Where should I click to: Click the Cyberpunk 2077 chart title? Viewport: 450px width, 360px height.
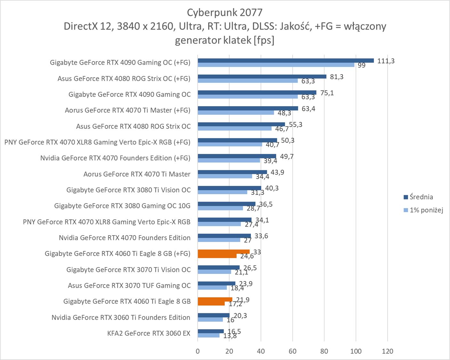[x=225, y=13]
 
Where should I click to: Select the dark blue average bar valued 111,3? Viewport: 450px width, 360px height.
[x=285, y=60]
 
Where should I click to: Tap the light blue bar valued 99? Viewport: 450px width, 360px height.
[x=276, y=65]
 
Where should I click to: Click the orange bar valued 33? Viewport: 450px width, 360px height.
[x=223, y=252]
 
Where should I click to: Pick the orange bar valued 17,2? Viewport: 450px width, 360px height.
[x=211, y=303]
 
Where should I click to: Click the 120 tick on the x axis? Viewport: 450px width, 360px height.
[x=387, y=351]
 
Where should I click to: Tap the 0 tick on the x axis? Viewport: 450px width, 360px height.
[x=198, y=351]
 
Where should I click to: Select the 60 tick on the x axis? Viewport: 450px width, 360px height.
[x=293, y=351]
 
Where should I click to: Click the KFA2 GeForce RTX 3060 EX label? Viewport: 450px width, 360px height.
[x=149, y=333]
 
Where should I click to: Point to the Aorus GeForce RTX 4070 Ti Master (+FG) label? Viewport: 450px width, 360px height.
[x=127, y=110]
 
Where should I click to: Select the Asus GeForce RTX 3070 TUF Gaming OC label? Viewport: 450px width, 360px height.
[x=129, y=285]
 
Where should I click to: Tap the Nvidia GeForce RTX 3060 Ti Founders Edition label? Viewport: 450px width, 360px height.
[x=121, y=317]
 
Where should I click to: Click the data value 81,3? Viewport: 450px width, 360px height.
[x=337, y=77]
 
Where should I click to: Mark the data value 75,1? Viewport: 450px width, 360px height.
[x=327, y=93]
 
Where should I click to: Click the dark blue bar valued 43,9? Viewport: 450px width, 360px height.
[x=232, y=172]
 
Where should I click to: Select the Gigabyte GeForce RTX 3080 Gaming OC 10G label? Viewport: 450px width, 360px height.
[x=122, y=206]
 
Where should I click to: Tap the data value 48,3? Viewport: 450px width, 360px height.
[x=284, y=113]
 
